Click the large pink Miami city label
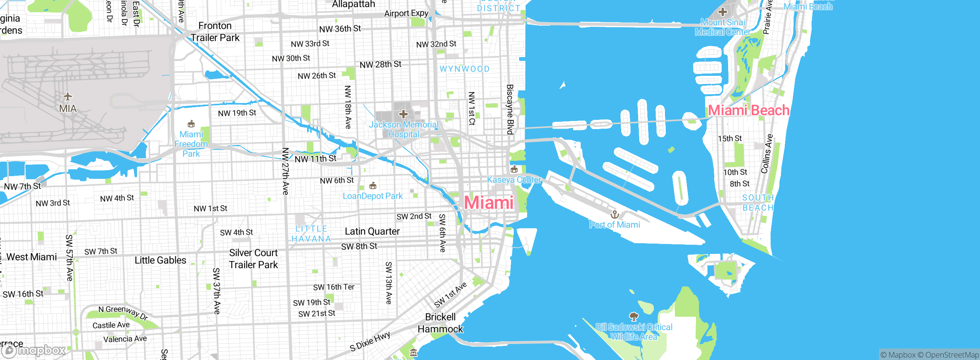pyautogui.click(x=489, y=203)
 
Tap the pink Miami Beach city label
pyautogui.click(x=748, y=110)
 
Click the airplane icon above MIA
pyautogui.click(x=68, y=96)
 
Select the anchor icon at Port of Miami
pyautogui.click(x=614, y=214)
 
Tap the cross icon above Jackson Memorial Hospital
pyautogui.click(x=403, y=114)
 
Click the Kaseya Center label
pyautogui.click(x=514, y=180)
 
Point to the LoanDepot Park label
pyautogui.click(x=372, y=196)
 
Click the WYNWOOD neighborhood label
pyautogui.click(x=464, y=69)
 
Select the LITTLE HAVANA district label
pyautogui.click(x=311, y=234)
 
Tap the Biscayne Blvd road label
pyautogui.click(x=510, y=110)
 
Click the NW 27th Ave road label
pyautogui.click(x=285, y=171)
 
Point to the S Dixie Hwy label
pyautogui.click(x=370, y=342)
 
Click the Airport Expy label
pyautogui.click(x=406, y=13)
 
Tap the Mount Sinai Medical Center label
pyautogui.click(x=722, y=27)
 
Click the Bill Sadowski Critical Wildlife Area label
pyautogui.click(x=634, y=332)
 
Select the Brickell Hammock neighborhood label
pyautogui.click(x=440, y=323)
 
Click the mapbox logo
pyautogui.click(x=34, y=350)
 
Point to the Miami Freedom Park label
pyautogui.click(x=191, y=144)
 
